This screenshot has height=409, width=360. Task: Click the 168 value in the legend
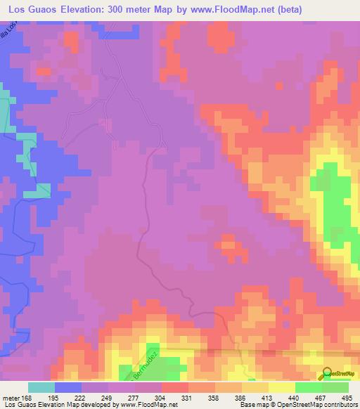27,398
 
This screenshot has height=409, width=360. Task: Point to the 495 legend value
348,398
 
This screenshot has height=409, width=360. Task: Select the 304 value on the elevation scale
161,398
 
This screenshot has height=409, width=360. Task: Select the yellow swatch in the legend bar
281,387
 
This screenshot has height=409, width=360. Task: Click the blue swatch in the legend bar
67,387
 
